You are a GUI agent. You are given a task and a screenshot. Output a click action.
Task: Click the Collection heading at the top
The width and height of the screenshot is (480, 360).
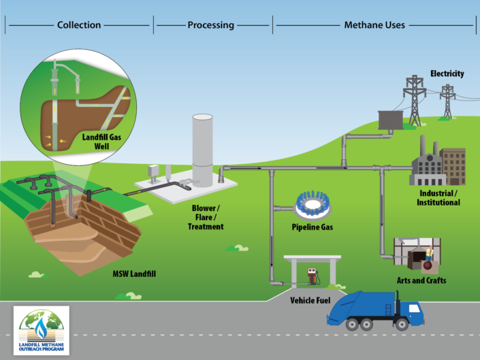79,25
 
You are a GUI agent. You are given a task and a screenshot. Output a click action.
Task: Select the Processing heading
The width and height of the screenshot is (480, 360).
210,25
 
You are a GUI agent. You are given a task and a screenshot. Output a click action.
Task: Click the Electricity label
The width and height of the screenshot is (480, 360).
447,73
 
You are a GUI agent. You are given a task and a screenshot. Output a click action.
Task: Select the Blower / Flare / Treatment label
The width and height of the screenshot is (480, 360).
206,216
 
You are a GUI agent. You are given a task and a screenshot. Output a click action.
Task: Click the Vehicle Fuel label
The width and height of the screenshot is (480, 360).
311,299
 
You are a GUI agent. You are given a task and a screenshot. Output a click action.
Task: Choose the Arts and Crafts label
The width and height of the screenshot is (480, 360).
422,280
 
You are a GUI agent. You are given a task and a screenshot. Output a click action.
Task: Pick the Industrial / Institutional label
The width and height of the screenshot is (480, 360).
438,197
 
